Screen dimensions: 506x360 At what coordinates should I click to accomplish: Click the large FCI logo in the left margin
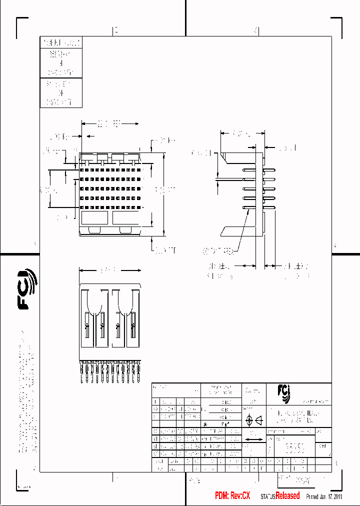(x=27, y=289)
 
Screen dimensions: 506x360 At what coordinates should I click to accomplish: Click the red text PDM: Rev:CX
(x=232, y=495)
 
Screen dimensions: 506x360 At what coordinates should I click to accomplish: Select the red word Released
(x=287, y=495)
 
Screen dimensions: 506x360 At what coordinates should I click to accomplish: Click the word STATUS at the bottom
(x=267, y=496)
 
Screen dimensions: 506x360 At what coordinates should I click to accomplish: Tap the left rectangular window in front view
(x=94, y=218)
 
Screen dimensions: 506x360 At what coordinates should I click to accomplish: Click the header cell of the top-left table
(x=60, y=42)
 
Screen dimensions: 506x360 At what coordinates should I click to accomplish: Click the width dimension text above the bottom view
(x=106, y=270)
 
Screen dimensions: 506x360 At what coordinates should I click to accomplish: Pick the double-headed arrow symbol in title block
(x=255, y=439)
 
